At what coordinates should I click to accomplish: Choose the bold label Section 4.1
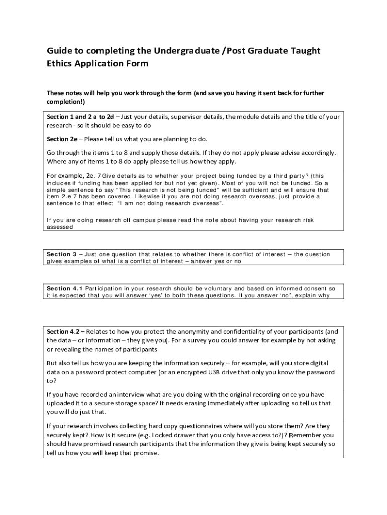click(65, 288)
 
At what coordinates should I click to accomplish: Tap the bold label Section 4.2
click(65, 332)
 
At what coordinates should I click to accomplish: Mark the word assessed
click(60, 227)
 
